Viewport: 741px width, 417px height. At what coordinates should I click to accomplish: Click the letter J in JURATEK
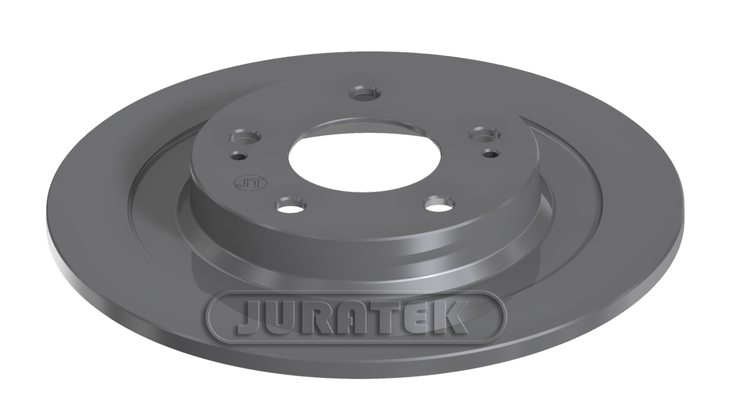pos(250,318)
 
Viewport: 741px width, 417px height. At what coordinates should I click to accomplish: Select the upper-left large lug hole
pos(247,137)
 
